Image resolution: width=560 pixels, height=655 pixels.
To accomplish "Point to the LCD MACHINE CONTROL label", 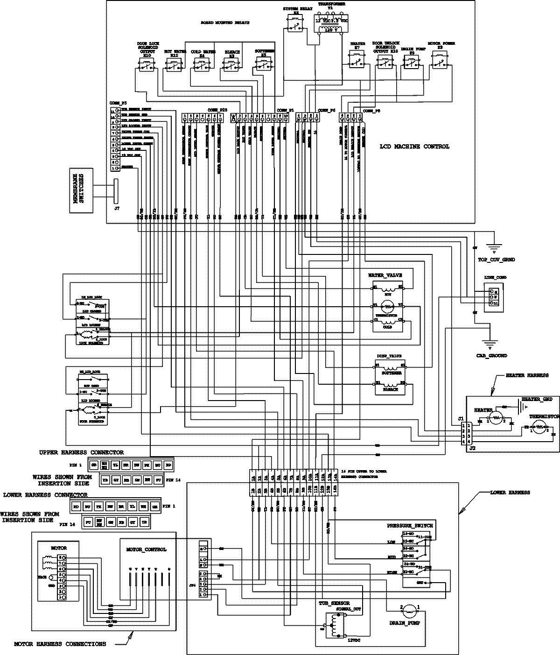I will tap(415, 147).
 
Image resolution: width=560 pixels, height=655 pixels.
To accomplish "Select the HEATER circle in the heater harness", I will tap(497, 418).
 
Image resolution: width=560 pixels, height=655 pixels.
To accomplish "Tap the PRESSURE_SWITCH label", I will tap(410, 525).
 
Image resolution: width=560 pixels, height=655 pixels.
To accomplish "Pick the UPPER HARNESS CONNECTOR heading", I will tap(82, 452).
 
